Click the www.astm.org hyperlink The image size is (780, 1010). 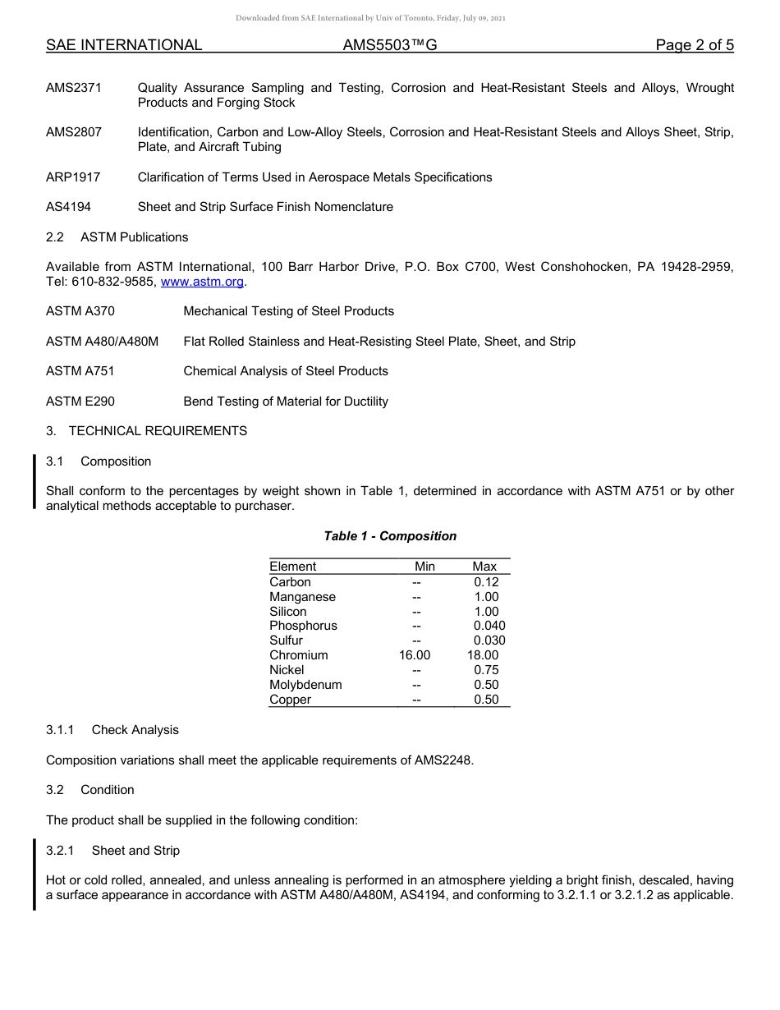(x=203, y=282)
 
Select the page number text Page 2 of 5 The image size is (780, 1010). (x=695, y=45)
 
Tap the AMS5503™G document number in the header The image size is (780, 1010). (x=389, y=45)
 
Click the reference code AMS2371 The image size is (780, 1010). (x=74, y=88)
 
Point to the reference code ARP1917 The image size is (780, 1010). (x=73, y=177)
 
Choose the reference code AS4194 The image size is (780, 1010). (x=69, y=207)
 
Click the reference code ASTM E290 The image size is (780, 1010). (x=80, y=402)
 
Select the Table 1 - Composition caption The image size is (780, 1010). (x=390, y=536)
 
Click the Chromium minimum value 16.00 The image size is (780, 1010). (x=414, y=655)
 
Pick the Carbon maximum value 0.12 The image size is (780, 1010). (x=486, y=582)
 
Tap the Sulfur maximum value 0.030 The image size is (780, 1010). (x=489, y=640)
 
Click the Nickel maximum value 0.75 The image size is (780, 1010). (x=486, y=670)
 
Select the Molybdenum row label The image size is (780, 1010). (x=305, y=685)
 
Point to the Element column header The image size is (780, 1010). (x=292, y=567)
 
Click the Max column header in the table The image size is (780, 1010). (x=484, y=567)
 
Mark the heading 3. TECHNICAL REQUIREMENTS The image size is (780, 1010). (x=146, y=431)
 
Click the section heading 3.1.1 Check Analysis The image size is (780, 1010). (x=112, y=730)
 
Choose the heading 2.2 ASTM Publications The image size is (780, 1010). (x=117, y=237)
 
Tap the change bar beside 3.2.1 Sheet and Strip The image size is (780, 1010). (x=34, y=874)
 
